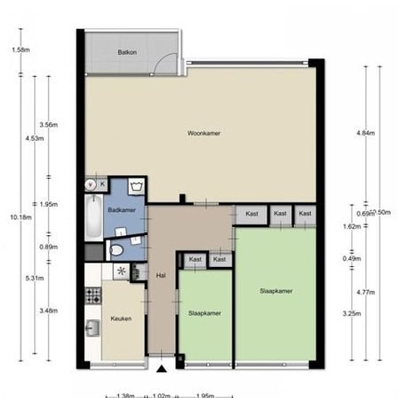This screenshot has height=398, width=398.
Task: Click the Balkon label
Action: [127, 53]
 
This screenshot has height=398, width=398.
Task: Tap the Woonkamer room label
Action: [203, 134]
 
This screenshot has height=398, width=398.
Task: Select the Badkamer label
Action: [122, 210]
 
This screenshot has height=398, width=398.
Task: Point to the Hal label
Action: [161, 275]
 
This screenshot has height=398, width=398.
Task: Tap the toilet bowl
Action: [115, 251]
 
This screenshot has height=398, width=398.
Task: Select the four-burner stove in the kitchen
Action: [93, 295]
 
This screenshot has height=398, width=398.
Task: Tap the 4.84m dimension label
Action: [365, 134]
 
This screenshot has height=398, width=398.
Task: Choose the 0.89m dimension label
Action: [49, 247]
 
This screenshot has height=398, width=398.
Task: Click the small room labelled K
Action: [102, 185]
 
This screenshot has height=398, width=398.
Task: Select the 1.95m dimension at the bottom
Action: [205, 395]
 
